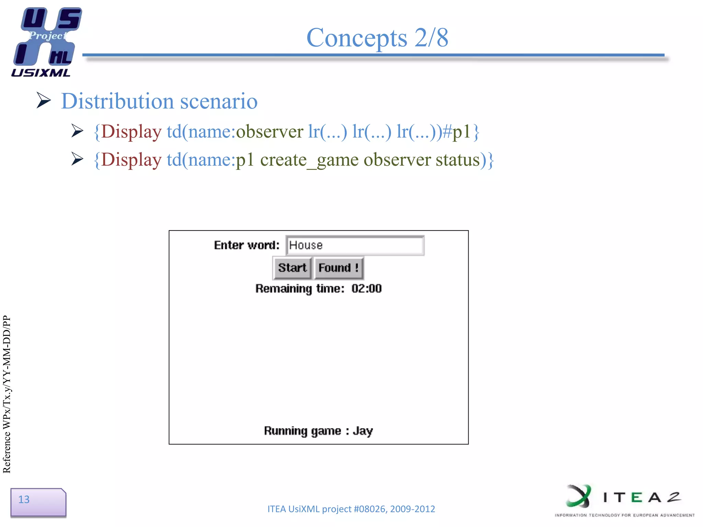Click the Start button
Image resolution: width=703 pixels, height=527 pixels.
click(x=292, y=268)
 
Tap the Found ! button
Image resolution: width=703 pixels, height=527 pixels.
click(x=338, y=268)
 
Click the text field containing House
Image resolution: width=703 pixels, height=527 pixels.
click(x=355, y=245)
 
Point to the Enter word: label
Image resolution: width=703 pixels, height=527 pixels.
click(x=246, y=245)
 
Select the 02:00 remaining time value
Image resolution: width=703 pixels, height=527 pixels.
click(x=366, y=289)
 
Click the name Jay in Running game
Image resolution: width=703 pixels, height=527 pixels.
click(x=363, y=431)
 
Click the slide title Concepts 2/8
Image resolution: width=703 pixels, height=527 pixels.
click(x=377, y=37)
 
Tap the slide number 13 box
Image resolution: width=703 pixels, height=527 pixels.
click(x=38, y=502)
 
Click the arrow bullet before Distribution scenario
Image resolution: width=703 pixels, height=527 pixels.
click(x=44, y=101)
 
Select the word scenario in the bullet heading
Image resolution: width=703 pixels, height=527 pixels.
click(x=219, y=101)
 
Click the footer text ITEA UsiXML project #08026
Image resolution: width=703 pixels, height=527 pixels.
click(x=351, y=509)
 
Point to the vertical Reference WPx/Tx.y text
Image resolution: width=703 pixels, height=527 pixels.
click(x=7, y=395)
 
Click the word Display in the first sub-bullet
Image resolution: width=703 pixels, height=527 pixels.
click(x=131, y=132)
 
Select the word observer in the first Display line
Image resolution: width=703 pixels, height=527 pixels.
click(x=269, y=132)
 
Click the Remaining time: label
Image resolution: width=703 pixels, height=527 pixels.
click(x=300, y=289)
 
